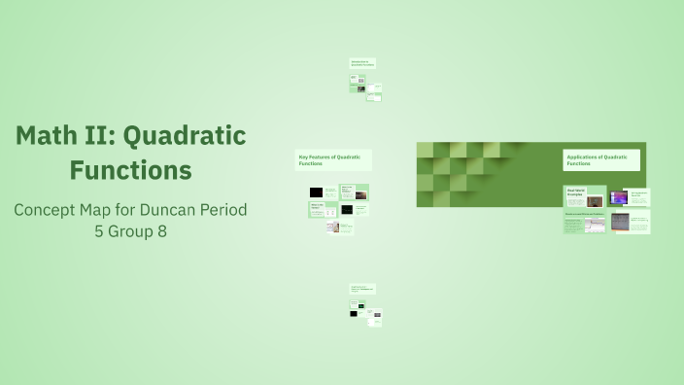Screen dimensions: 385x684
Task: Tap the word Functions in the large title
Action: pyautogui.click(x=130, y=171)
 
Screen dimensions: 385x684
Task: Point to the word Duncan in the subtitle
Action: pyautogui.click(x=168, y=210)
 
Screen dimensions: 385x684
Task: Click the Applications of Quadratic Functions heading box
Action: pyautogui.click(x=600, y=160)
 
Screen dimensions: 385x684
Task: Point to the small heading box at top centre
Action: pyautogui.click(x=362, y=63)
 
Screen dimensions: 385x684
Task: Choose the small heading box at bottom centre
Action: pyautogui.click(x=362, y=289)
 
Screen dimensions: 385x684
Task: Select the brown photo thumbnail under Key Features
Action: pyautogui.click(x=360, y=195)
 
